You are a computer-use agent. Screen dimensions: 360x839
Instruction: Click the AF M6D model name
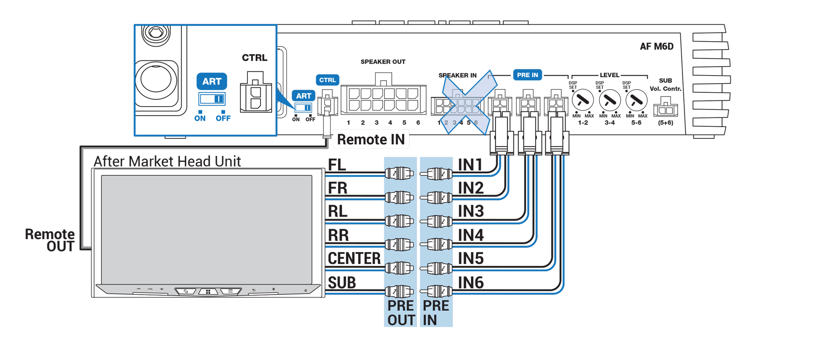coord(657,47)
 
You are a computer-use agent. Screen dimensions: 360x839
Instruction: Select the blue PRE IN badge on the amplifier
coord(527,75)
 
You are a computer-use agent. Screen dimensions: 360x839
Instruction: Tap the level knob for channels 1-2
coord(583,100)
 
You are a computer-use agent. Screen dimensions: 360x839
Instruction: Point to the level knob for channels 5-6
coord(636,100)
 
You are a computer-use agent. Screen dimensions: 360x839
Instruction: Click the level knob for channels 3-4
coord(610,100)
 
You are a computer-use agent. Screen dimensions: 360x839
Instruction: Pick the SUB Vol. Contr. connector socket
coord(665,108)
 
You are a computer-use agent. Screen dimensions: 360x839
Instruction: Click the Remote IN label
coord(371,140)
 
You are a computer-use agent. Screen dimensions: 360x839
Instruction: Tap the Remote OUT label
coord(50,240)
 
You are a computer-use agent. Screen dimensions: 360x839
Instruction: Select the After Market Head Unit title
coord(167,162)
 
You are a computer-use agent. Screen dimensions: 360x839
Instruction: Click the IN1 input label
coord(470,165)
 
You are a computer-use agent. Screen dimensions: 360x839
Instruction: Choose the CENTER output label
coord(354,259)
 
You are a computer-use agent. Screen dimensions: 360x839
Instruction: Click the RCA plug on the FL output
coord(399,173)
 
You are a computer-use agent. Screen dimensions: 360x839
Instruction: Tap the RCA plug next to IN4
coord(437,244)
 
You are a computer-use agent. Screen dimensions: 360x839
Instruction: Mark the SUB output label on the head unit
coord(342,283)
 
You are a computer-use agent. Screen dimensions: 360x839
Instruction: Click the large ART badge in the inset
coord(212,81)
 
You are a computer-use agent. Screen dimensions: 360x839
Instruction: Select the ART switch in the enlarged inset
coord(212,99)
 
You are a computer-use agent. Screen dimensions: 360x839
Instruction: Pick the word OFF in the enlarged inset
coord(223,118)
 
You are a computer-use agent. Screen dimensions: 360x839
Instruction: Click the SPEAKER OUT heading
coord(383,62)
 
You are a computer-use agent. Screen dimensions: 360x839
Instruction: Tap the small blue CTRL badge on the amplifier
coord(327,80)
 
